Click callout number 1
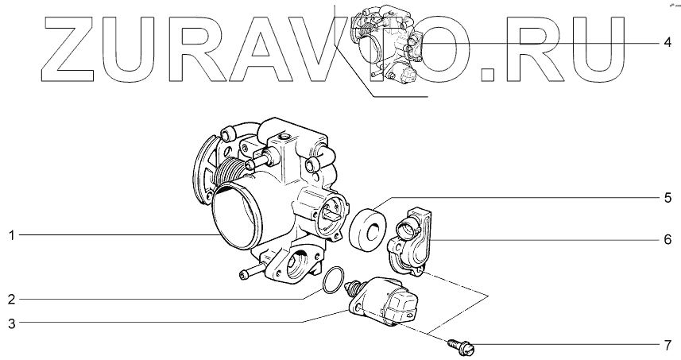point(12,236)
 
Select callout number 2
point(12,299)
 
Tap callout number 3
point(12,323)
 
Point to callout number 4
point(668,43)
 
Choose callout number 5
point(668,198)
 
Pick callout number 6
point(668,239)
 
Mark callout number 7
point(668,346)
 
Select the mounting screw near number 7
point(461,346)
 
